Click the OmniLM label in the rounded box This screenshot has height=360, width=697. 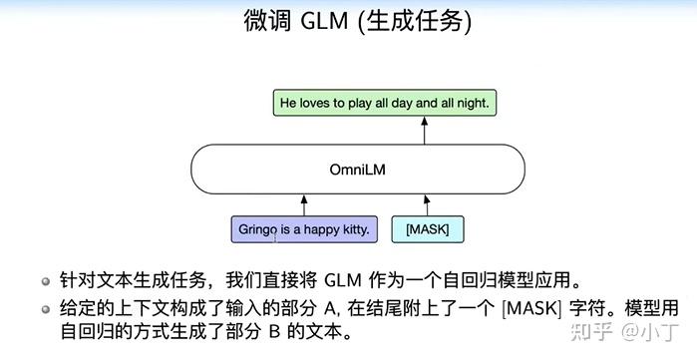[356, 170]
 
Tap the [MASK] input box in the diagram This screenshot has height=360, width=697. [427, 229]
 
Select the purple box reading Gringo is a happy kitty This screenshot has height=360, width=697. [304, 229]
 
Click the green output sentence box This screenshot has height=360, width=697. [385, 102]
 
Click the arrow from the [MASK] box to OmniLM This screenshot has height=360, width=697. [426, 204]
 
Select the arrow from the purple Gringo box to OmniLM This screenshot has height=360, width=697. [303, 204]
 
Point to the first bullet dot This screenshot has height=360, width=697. [46, 277]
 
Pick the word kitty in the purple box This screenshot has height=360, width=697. [354, 229]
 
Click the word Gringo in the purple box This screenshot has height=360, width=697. [259, 229]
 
